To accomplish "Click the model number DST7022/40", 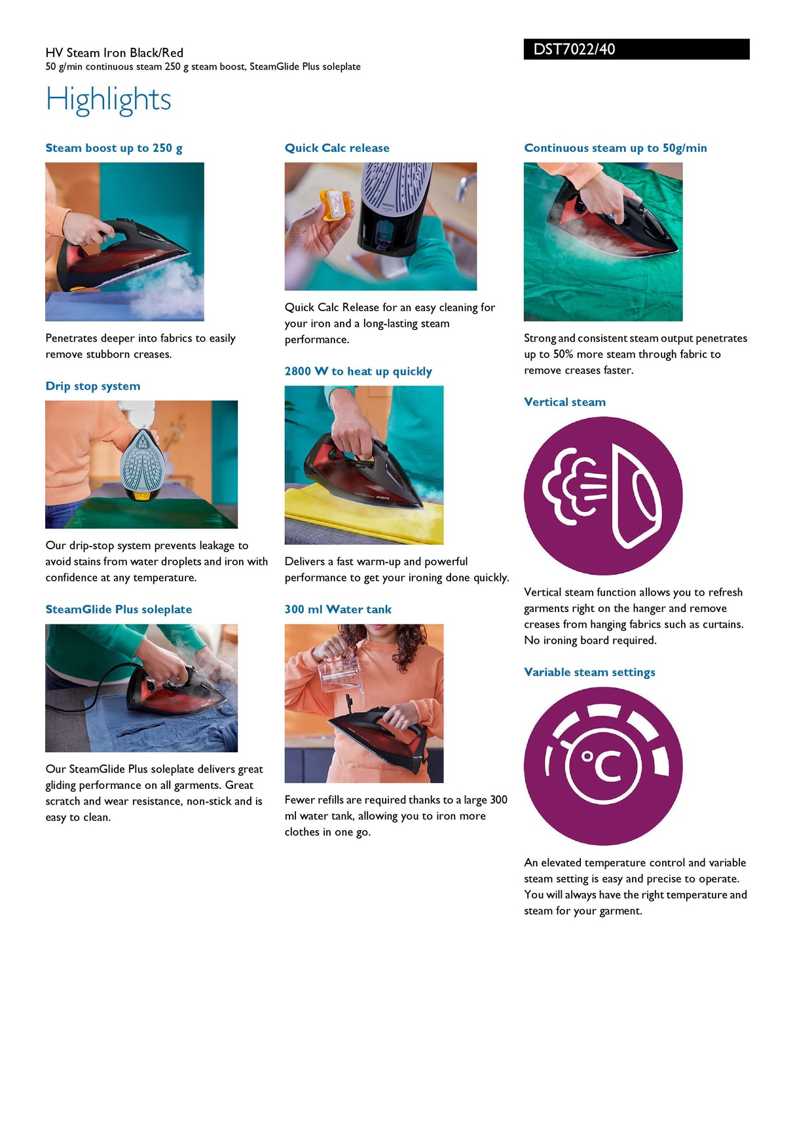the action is (x=574, y=49).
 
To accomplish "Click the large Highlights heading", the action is (x=108, y=100).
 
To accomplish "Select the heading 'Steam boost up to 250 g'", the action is (x=114, y=149).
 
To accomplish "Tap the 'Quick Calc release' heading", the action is (x=337, y=148).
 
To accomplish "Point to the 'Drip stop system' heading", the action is (x=93, y=386).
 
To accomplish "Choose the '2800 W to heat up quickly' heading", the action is (x=358, y=372).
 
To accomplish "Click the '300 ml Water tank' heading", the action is (x=338, y=609).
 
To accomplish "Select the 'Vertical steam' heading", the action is (x=564, y=402).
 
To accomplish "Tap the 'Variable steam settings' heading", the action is (x=589, y=672).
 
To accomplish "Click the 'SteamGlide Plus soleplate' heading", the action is (x=119, y=609).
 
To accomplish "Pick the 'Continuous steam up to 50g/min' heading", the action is (x=616, y=148).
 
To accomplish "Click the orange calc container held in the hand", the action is (x=333, y=208).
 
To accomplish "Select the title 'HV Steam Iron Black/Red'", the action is (x=115, y=53).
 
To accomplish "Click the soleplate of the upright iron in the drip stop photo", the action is (x=141, y=461).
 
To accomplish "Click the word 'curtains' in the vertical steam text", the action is (x=722, y=625).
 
